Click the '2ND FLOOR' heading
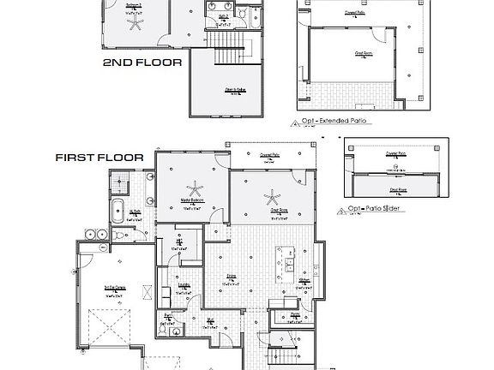[142, 63]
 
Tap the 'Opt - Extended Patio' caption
[334, 122]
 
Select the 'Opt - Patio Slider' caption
[378, 208]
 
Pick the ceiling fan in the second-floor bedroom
[135, 24]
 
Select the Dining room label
[232, 276]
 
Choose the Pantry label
[294, 314]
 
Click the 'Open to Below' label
[238, 88]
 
